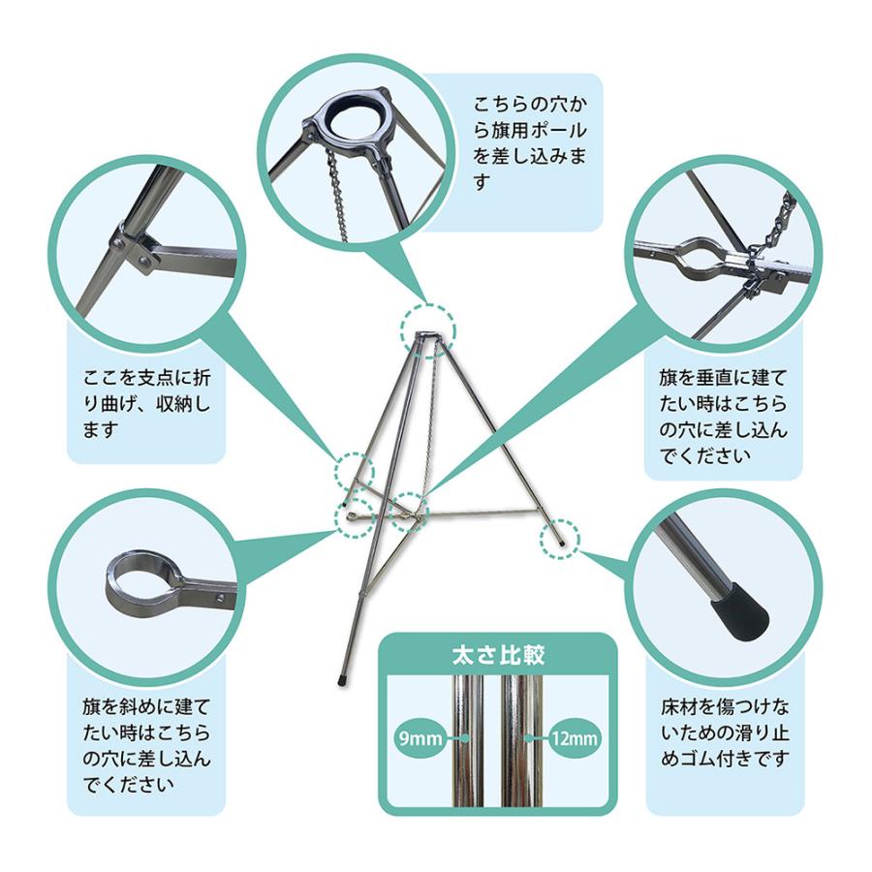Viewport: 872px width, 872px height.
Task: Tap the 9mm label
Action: tap(419, 739)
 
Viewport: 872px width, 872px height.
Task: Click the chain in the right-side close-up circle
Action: tap(776, 232)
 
